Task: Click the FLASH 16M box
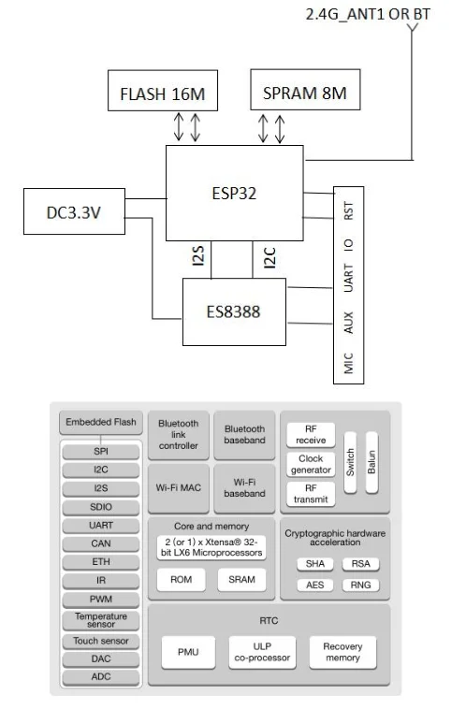pyautogui.click(x=163, y=91)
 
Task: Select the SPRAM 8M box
pyautogui.click(x=305, y=90)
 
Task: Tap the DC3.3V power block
pyautogui.click(x=74, y=211)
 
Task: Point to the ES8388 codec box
pyautogui.click(x=234, y=311)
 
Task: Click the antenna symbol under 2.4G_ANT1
pyautogui.click(x=412, y=28)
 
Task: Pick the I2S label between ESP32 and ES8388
pyautogui.click(x=198, y=255)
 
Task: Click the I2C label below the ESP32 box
pyautogui.click(x=269, y=258)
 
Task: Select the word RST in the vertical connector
pyautogui.click(x=348, y=210)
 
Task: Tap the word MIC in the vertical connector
pyautogui.click(x=348, y=363)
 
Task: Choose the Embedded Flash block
pyautogui.click(x=101, y=423)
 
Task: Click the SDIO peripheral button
pyautogui.click(x=101, y=507)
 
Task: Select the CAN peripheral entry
pyautogui.click(x=101, y=544)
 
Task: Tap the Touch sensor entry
pyautogui.click(x=101, y=641)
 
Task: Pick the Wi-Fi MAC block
pyautogui.click(x=178, y=488)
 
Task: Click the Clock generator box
pyautogui.click(x=311, y=464)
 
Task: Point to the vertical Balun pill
pyautogui.click(x=371, y=463)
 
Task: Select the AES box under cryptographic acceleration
pyautogui.click(x=315, y=586)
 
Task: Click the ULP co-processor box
pyautogui.click(x=262, y=652)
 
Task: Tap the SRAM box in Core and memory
pyautogui.click(x=241, y=580)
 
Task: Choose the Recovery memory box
pyautogui.click(x=342, y=652)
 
